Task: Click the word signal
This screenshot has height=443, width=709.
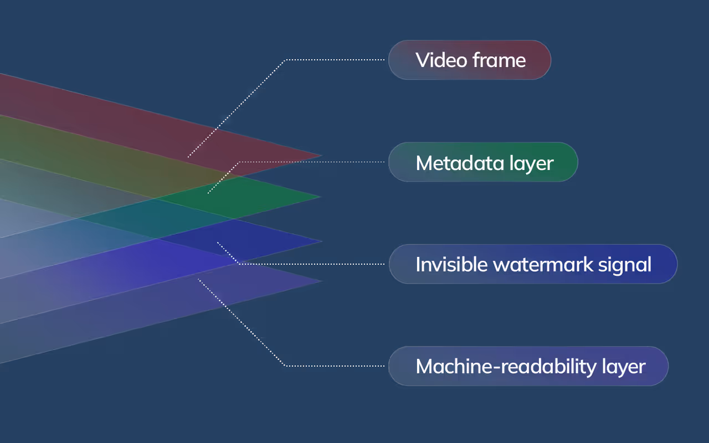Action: tap(626, 265)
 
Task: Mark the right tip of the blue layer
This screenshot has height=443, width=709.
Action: tap(321, 241)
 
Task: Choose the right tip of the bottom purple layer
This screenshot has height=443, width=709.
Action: tap(321, 281)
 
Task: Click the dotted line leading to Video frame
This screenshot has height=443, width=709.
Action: tap(332, 60)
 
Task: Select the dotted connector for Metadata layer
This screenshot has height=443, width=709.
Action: tap(310, 162)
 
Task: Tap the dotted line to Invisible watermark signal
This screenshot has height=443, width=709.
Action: tap(310, 264)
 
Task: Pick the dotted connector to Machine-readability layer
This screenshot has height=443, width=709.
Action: tap(332, 365)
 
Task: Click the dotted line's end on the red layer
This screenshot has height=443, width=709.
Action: tap(188, 157)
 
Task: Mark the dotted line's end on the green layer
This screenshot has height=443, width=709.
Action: tap(208, 193)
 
